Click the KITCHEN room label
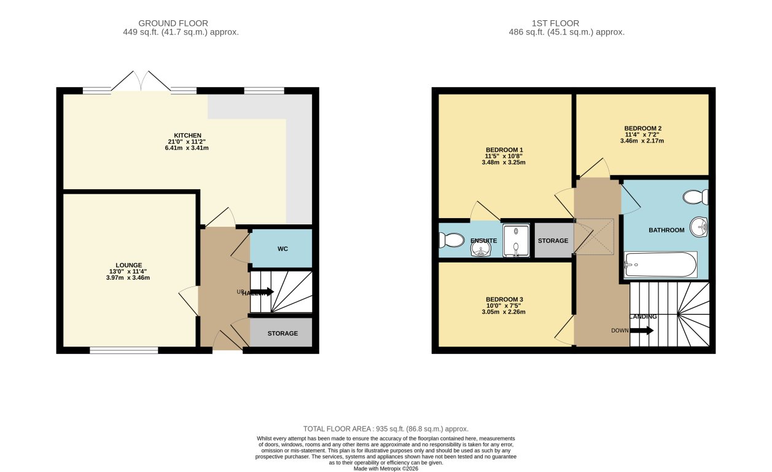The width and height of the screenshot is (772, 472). pyautogui.click(x=188, y=135)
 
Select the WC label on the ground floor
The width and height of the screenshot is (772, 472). pyautogui.click(x=283, y=249)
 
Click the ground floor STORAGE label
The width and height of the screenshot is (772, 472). pyautogui.click(x=283, y=333)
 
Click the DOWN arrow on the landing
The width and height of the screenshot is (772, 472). pyautogui.click(x=642, y=331)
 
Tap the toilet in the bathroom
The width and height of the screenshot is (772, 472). pyautogui.click(x=696, y=197)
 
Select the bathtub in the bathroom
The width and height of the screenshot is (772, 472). pyautogui.click(x=660, y=265)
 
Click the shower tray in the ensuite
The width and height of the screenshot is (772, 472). pyautogui.click(x=516, y=240)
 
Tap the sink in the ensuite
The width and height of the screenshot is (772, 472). pyautogui.click(x=481, y=248)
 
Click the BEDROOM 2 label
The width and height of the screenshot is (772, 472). pyautogui.click(x=643, y=128)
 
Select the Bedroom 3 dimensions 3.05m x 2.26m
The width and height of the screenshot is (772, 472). pyautogui.click(x=504, y=312)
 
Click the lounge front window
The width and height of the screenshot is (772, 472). pyautogui.click(x=123, y=350)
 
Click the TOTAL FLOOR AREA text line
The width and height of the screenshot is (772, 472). pyautogui.click(x=386, y=428)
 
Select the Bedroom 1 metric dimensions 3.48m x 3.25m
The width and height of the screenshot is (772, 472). pyautogui.click(x=504, y=162)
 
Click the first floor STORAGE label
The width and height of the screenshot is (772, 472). pyautogui.click(x=553, y=240)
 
